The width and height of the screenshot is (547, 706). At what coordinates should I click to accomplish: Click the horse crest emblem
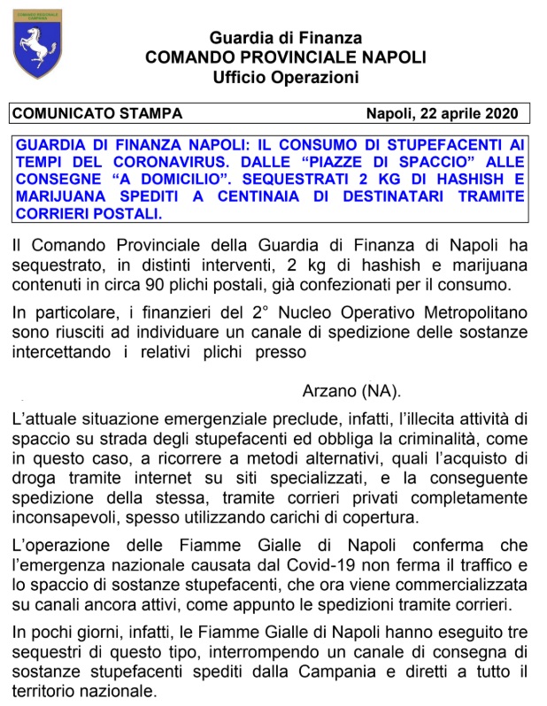point(37,43)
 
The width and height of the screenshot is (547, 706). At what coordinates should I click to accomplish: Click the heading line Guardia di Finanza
point(286,38)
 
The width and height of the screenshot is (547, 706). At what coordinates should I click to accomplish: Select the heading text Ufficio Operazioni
point(286,77)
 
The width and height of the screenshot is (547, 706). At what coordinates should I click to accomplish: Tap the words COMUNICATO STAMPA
point(97,114)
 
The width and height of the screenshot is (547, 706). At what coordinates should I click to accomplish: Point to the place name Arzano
point(328,390)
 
